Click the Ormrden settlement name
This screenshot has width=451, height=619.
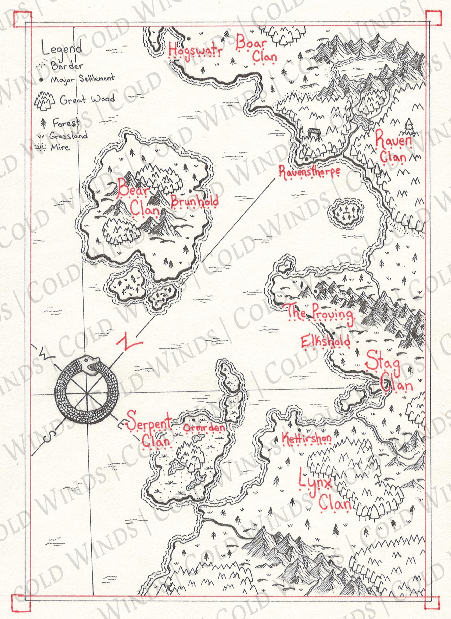[x=204, y=428]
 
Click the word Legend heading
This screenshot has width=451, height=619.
[x=62, y=49]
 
